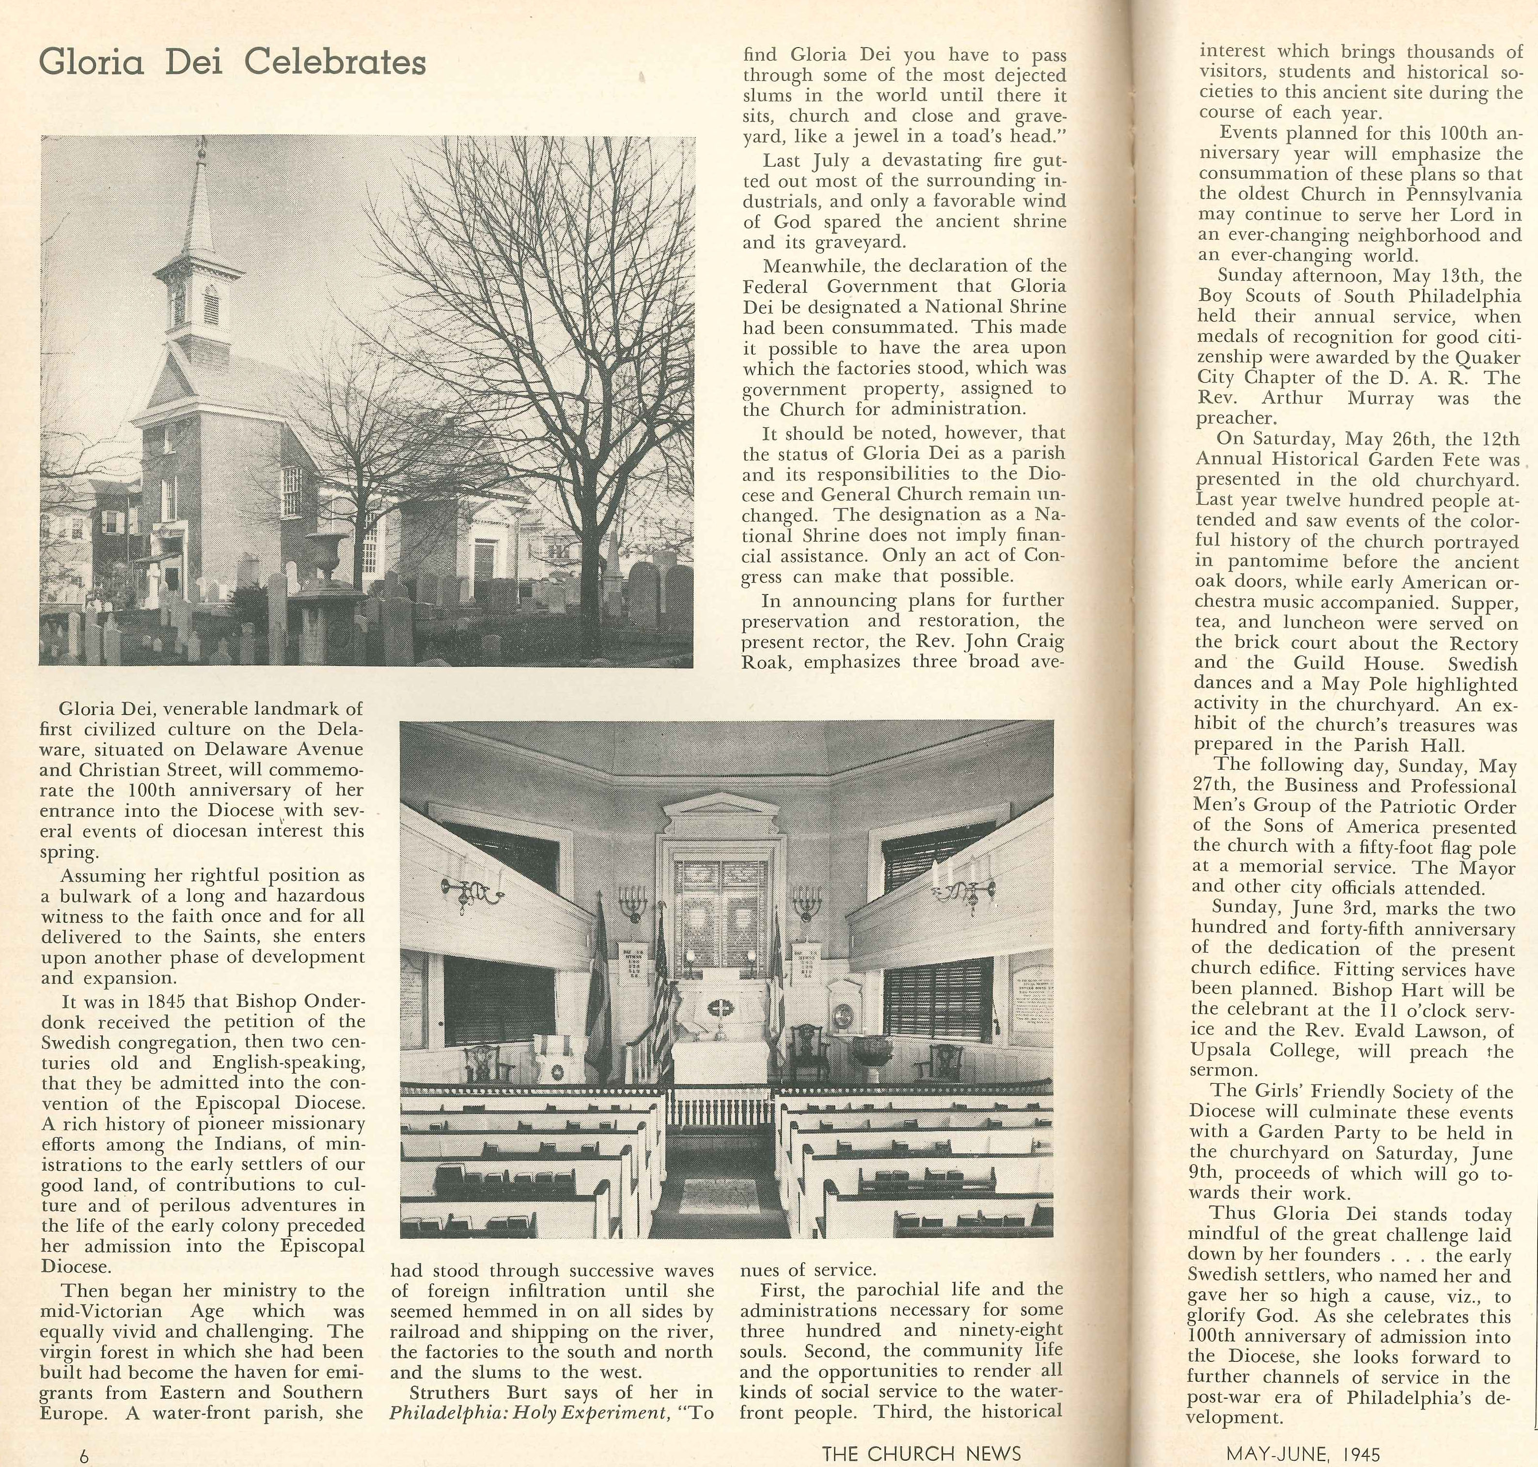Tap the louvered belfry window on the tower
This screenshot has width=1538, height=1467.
[210, 305]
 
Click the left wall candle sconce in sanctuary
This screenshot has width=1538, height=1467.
[472, 889]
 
